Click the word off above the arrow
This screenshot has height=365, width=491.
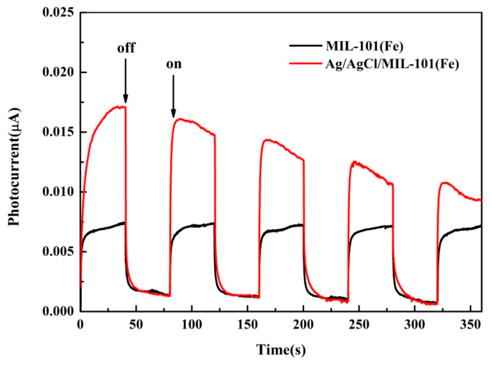pyautogui.click(x=126, y=48)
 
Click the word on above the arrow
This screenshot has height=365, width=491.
pyautogui.click(x=174, y=64)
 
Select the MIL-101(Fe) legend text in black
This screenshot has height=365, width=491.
pyautogui.click(x=365, y=46)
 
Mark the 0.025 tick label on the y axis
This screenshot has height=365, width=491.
pyautogui.click(x=60, y=12)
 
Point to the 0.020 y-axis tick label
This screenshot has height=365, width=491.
pyautogui.click(x=60, y=72)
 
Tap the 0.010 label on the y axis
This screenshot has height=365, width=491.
pyautogui.click(x=60, y=192)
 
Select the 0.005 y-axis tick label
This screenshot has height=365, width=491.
pyautogui.click(x=60, y=252)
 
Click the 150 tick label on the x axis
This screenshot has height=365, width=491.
pyautogui.click(x=248, y=325)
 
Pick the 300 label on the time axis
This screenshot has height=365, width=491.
pyautogui.click(x=415, y=325)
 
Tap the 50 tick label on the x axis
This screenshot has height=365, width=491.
pyautogui.click(x=136, y=325)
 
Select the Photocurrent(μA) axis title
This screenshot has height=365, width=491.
pyautogui.click(x=14, y=167)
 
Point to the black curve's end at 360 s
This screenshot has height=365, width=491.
pyautogui.click(x=481, y=226)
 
